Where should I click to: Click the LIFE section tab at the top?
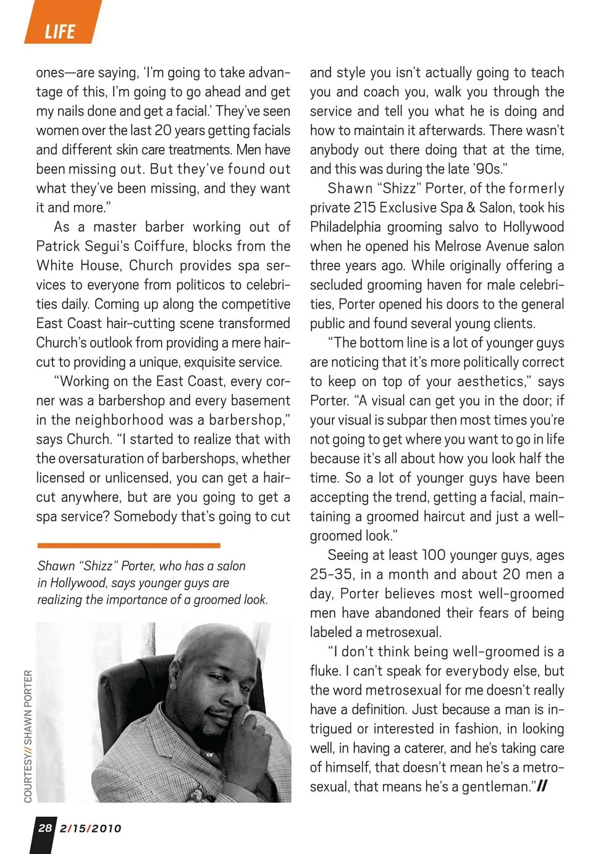click(60, 31)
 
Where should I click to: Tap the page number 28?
click(45, 827)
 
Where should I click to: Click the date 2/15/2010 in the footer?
click(91, 828)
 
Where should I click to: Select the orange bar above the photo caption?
click(128, 546)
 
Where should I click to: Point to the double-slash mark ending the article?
click(542, 786)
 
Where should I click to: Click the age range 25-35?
click(332, 574)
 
